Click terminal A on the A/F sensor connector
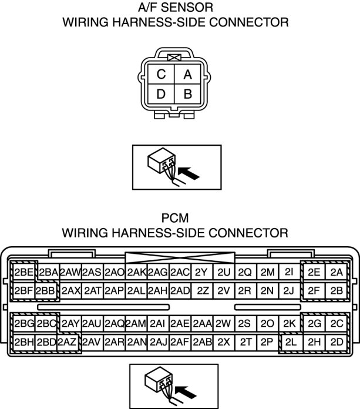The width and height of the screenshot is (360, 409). (188, 75)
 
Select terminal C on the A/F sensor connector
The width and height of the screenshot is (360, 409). (160, 75)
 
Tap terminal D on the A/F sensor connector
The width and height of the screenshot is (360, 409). (160, 94)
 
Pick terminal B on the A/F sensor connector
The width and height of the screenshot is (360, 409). (188, 94)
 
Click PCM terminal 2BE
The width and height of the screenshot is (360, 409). (24, 272)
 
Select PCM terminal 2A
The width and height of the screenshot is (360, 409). (336, 272)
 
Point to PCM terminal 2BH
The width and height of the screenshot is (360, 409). (24, 342)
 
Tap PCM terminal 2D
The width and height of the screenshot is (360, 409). (336, 342)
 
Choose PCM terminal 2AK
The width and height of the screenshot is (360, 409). (136, 272)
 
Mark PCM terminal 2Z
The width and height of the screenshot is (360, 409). (203, 290)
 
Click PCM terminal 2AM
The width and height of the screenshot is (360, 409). (136, 324)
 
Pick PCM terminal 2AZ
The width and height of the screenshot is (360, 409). (68, 342)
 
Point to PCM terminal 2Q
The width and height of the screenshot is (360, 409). (245, 272)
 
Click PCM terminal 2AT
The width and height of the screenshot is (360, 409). (92, 290)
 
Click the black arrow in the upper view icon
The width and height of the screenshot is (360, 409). (187, 172)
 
